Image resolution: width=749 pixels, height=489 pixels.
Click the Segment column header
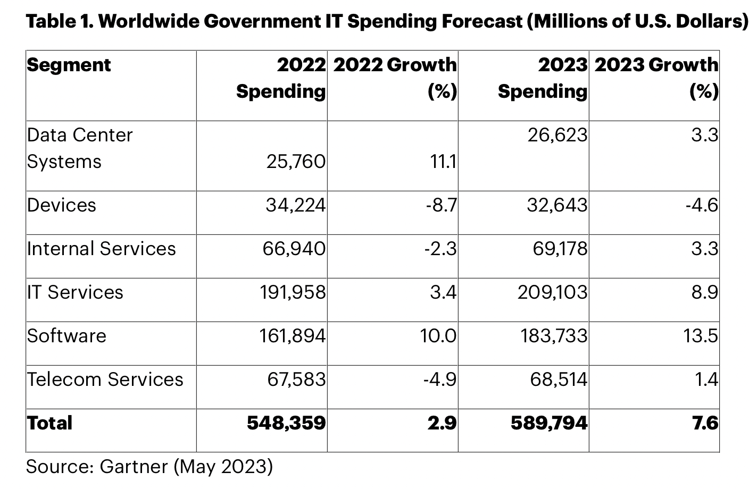coord(69,65)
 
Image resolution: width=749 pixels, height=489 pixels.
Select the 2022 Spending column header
coord(280,78)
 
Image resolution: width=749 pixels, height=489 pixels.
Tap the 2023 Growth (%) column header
coord(656,78)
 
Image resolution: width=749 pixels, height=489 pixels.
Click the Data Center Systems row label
coord(80,148)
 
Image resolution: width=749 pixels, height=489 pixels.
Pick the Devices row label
coord(62,205)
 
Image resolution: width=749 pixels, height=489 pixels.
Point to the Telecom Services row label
coord(105,380)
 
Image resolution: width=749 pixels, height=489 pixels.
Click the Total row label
coord(49,423)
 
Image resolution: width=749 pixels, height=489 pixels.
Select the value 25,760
coord(296,162)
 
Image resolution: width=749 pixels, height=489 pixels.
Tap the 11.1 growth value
coord(443,162)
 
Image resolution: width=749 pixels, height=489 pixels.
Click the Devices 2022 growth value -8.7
coord(441,205)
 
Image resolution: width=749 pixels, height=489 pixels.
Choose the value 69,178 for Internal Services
coord(560,249)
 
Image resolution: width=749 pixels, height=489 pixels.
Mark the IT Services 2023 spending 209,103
coord(553,292)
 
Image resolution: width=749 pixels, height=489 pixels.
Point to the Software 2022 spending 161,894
coord(293,336)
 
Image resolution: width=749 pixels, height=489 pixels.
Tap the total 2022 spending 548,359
coord(286,423)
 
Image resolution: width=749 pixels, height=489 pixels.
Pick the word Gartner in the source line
coord(134,466)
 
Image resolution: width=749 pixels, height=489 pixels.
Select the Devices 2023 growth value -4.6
coord(702,205)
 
